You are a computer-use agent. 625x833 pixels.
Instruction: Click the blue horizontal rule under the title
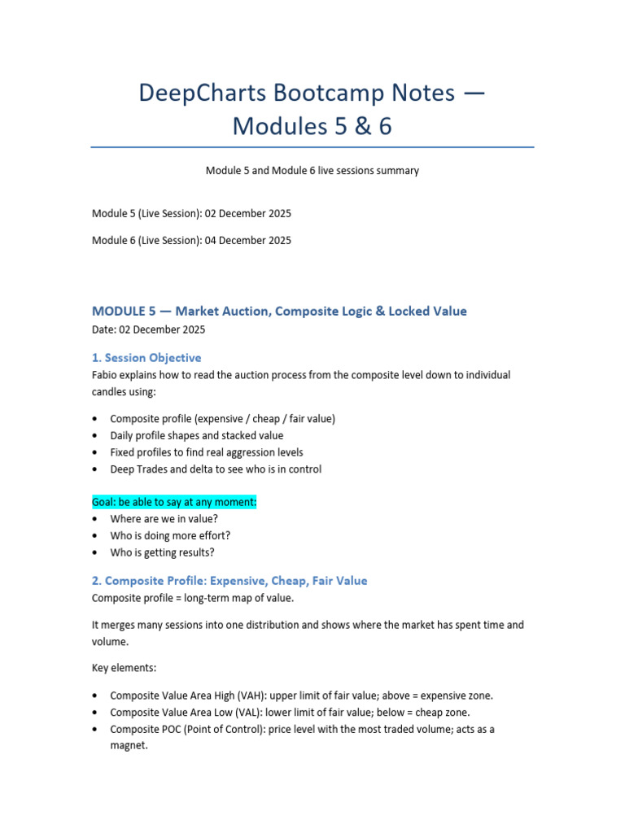pyautogui.click(x=312, y=147)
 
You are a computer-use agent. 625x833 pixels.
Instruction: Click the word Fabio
pyautogui.click(x=107, y=375)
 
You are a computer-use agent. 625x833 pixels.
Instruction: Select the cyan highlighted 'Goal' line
pyautogui.click(x=174, y=502)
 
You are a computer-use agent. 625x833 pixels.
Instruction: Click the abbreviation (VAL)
pyautogui.click(x=244, y=712)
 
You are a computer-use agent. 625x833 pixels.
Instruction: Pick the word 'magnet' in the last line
pyautogui.click(x=128, y=745)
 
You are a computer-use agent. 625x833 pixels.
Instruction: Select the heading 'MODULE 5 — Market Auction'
pyautogui.click(x=203, y=312)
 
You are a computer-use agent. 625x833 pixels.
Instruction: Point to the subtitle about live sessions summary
pyautogui.click(x=312, y=171)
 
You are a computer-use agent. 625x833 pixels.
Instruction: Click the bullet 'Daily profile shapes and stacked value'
pyautogui.click(x=196, y=435)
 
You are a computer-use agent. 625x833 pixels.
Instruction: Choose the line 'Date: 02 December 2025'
pyautogui.click(x=149, y=329)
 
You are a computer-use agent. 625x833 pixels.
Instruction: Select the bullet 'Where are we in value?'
pyautogui.click(x=165, y=519)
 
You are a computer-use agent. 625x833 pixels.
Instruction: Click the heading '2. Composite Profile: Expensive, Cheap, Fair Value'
pyautogui.click(x=230, y=581)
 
